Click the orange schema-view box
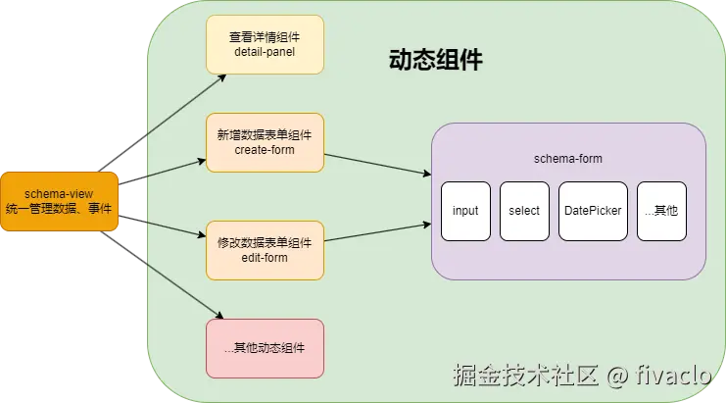[60, 202]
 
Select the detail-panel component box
[264, 43]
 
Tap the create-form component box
[264, 143]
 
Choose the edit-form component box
[264, 249]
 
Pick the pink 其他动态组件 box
[264, 347]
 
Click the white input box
[465, 210]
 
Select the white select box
[524, 210]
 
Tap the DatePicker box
[593, 210]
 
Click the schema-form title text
[568, 157]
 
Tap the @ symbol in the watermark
[616, 376]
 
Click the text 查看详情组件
[264, 36]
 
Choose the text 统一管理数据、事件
[60, 209]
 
